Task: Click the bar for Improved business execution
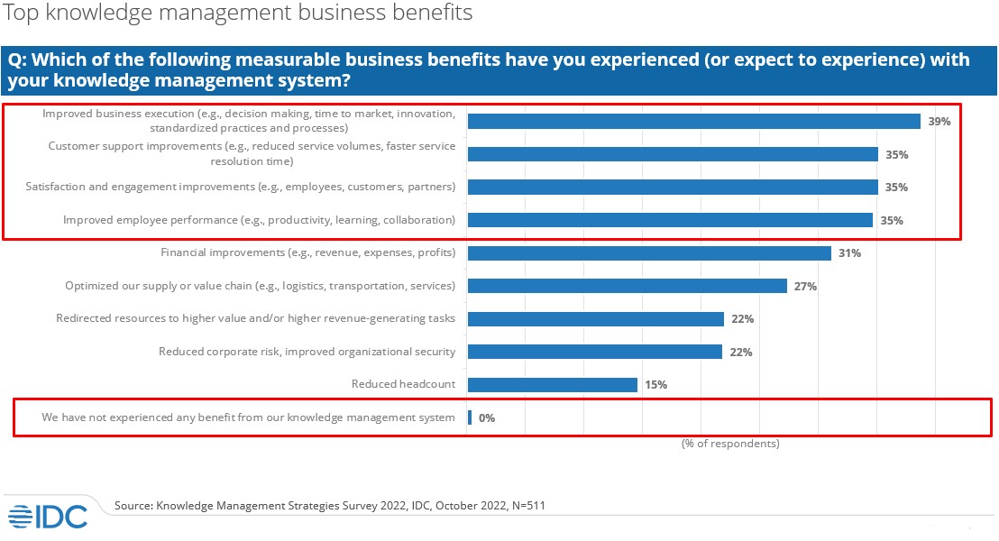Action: (x=693, y=122)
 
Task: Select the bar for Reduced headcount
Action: (x=552, y=385)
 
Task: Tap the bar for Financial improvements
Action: (x=649, y=253)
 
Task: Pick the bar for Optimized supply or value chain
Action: (x=627, y=287)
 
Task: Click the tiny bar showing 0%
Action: (x=470, y=417)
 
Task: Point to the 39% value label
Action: (x=939, y=122)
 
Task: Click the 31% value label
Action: (x=849, y=253)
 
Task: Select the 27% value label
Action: (x=805, y=287)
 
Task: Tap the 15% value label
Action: (x=655, y=385)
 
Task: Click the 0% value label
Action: (x=487, y=418)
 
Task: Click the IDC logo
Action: (x=48, y=516)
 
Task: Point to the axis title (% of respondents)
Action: (x=730, y=444)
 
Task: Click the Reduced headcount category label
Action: (x=403, y=385)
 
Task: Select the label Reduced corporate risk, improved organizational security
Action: (x=307, y=352)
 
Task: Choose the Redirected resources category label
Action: (x=255, y=318)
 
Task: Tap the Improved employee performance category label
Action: (x=259, y=220)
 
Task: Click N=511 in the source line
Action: (x=526, y=506)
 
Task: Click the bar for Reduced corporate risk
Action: (x=594, y=352)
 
